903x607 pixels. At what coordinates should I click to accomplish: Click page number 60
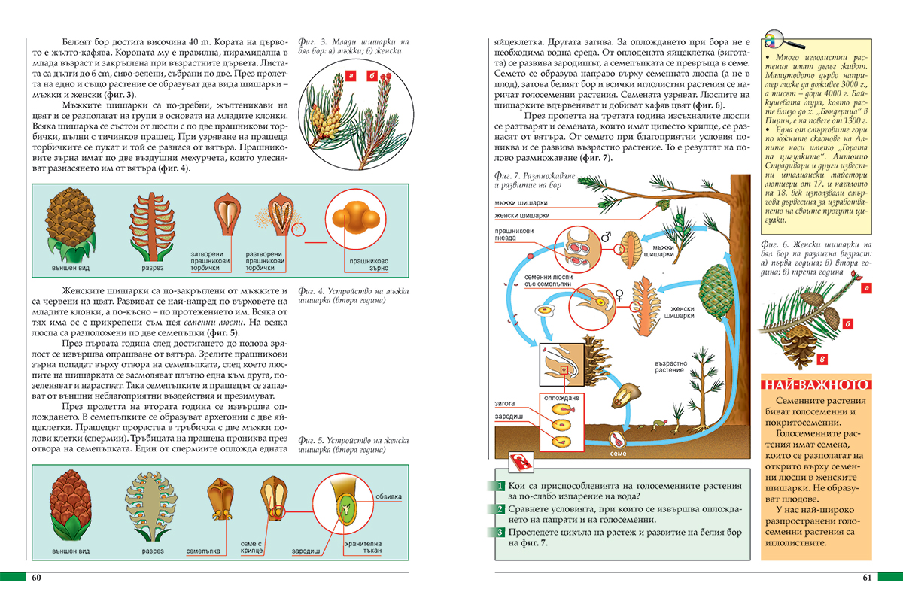35,578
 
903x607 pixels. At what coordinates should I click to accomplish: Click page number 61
867,578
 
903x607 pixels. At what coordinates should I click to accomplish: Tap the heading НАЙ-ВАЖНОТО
816,384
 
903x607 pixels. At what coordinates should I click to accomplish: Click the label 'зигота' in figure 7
505,403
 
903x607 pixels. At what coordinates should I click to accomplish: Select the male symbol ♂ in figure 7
605,237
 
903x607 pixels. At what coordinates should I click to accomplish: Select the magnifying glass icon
773,42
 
